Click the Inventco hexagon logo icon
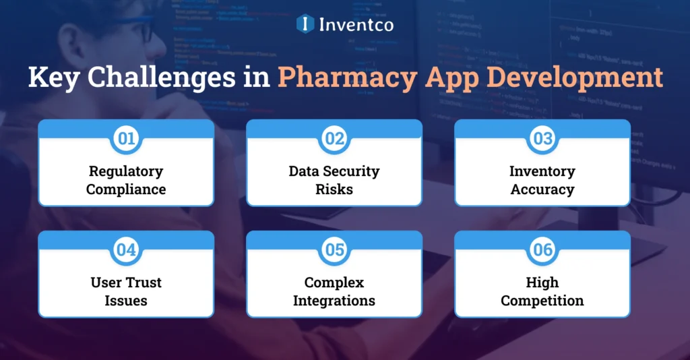click(x=305, y=24)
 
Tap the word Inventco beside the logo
click(x=355, y=24)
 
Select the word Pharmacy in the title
click(x=345, y=77)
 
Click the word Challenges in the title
click(x=159, y=77)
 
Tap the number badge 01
click(x=126, y=139)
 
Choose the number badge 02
click(x=334, y=139)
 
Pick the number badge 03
click(x=542, y=139)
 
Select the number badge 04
click(x=126, y=250)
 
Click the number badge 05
click(x=334, y=250)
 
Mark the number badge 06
click(x=542, y=250)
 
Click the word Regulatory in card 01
click(x=126, y=171)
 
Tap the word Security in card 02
click(x=352, y=171)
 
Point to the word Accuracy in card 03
click(x=542, y=189)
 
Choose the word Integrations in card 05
click(x=334, y=301)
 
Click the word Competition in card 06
click(x=542, y=301)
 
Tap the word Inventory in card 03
click(x=542, y=171)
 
